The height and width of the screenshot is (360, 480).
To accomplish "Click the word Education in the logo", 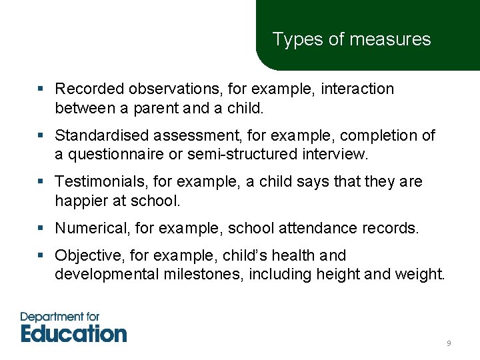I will pyautogui.click(x=73, y=333).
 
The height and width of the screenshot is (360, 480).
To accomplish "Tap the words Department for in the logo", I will pyautogui.click(x=61, y=317).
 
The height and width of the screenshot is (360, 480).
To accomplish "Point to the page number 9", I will pyautogui.click(x=449, y=343).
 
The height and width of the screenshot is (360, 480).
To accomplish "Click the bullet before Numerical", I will pyautogui.click(x=41, y=229).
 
